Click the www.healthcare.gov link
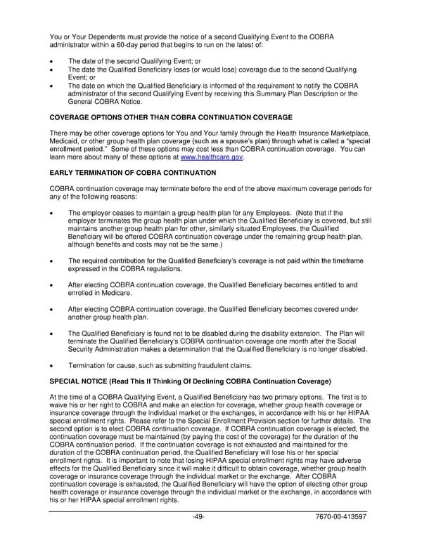pos(212,157)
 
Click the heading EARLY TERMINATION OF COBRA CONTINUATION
pos(133,172)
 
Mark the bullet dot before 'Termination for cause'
pos(53,366)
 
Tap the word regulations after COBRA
pos(180,268)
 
